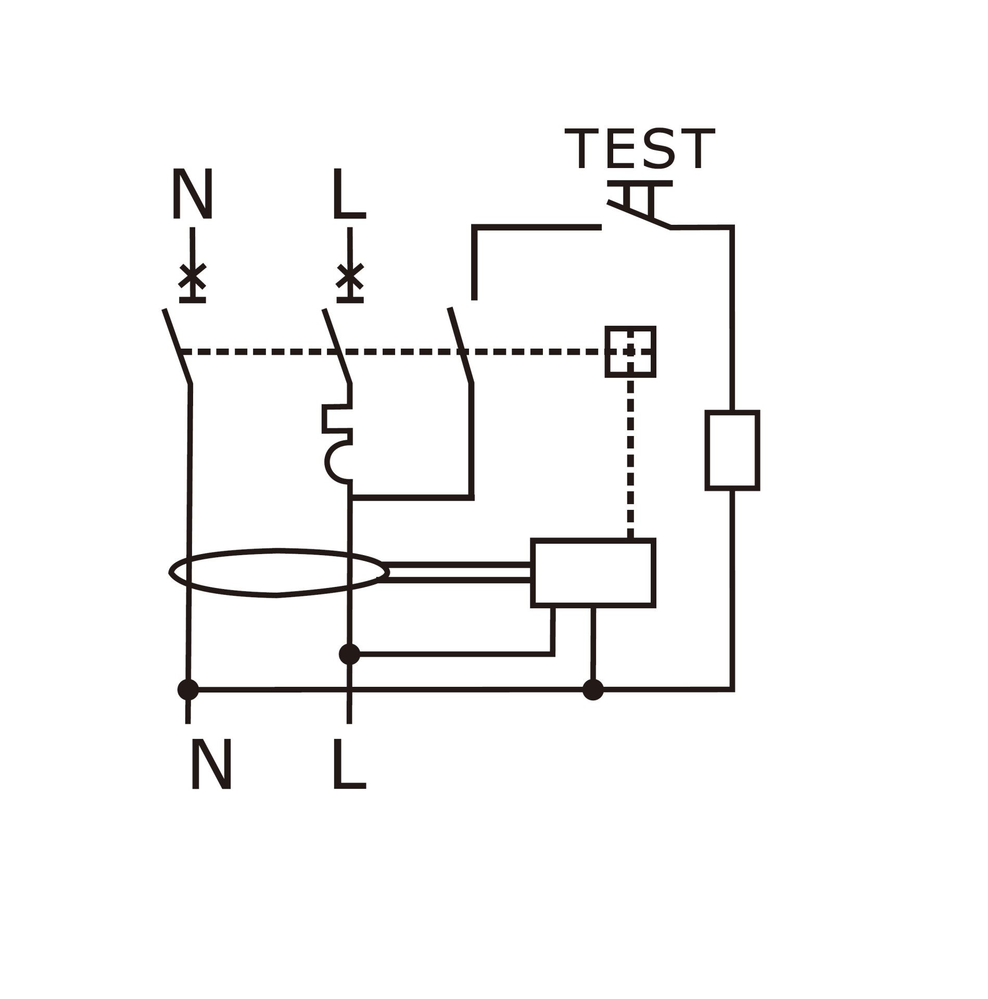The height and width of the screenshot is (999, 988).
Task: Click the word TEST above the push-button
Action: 640,150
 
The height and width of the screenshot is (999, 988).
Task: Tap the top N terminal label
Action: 193,194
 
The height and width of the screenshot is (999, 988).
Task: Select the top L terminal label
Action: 348,194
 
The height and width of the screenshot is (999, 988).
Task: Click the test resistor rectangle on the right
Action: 732,450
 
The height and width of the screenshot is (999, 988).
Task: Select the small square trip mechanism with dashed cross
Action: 630,351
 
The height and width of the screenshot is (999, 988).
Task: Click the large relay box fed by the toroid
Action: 593,573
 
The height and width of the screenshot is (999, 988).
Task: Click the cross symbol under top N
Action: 193,277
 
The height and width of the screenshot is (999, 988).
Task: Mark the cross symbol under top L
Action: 350,277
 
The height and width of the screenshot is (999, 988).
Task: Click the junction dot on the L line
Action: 349,654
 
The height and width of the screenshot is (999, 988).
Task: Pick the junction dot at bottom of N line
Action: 188,689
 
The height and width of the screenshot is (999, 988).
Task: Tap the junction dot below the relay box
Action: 593,689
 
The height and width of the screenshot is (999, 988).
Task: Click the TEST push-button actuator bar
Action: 640,184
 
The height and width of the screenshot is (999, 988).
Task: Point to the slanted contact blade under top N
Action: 178,347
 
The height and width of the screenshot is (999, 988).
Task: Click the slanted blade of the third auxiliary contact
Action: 461,346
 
